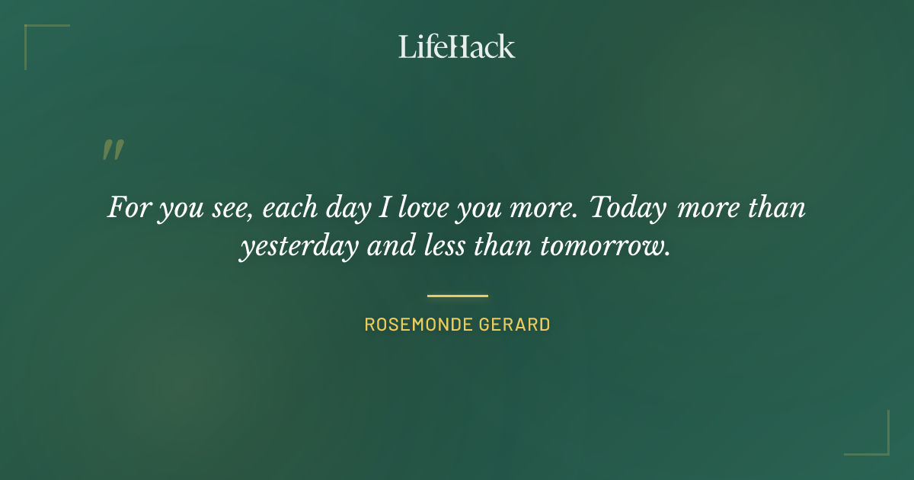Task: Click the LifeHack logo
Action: [457, 46]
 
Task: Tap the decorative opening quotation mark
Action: [112, 150]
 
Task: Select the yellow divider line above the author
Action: [457, 296]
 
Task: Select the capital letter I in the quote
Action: [385, 207]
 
